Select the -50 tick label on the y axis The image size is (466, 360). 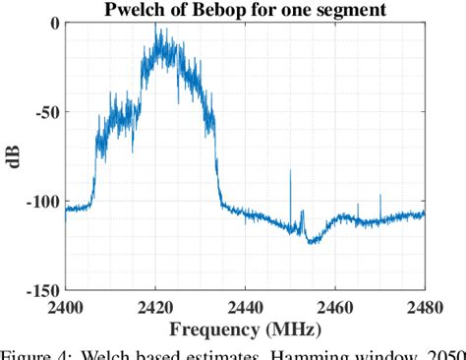(x=44, y=113)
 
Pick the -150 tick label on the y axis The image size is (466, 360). (x=40, y=291)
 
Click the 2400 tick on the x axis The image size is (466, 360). (x=65, y=306)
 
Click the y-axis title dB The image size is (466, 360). (x=15, y=156)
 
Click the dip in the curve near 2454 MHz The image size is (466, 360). (x=308, y=240)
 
